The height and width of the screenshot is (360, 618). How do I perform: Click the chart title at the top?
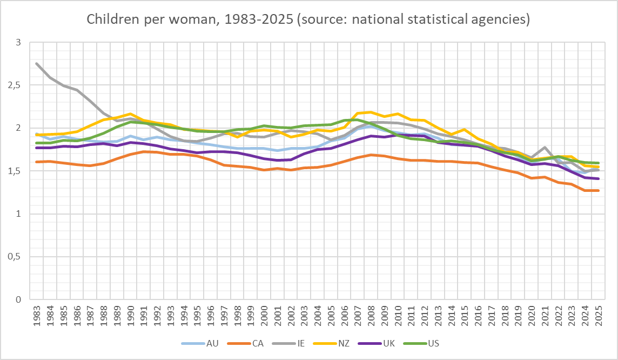tap(308, 20)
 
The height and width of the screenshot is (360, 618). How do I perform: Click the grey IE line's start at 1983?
tap(37, 64)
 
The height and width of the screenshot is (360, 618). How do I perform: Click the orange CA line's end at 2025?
tap(597, 190)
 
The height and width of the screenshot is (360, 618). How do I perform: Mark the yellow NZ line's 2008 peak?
tap(370, 112)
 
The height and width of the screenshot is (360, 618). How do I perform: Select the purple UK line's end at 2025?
tap(597, 178)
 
